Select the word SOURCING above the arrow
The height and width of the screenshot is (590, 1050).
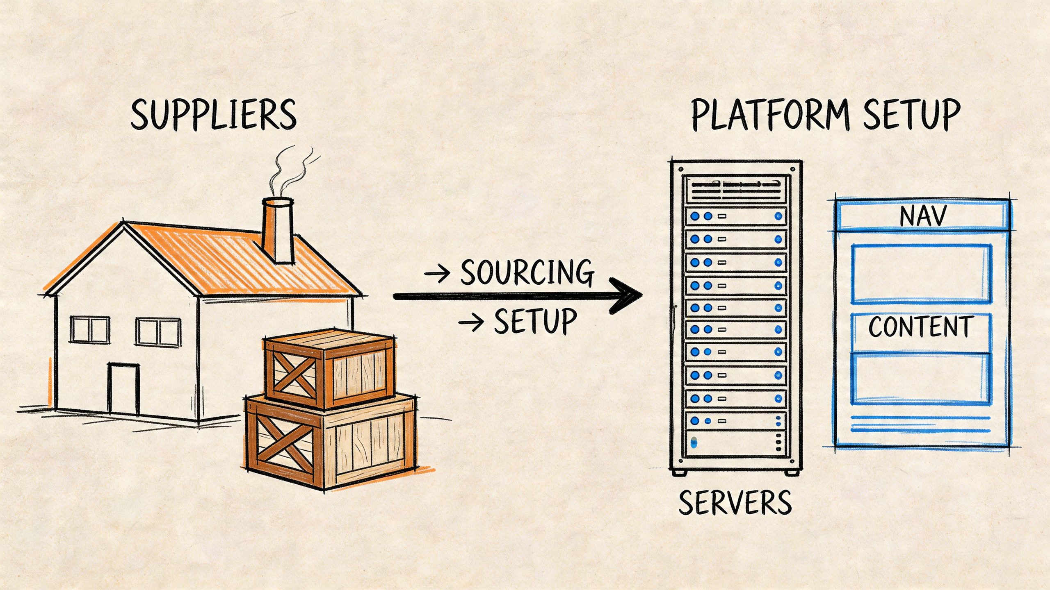tap(527, 272)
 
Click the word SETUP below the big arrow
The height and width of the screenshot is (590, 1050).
tap(535, 322)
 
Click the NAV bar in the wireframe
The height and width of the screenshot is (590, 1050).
tap(922, 216)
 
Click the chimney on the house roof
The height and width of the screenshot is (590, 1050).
tap(278, 231)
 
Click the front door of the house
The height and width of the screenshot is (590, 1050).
tap(123, 388)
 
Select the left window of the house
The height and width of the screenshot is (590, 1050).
tap(90, 330)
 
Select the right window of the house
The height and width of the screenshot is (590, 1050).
tap(158, 332)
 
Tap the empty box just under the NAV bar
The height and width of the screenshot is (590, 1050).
tap(921, 274)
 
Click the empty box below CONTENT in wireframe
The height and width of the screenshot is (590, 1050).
tap(921, 379)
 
